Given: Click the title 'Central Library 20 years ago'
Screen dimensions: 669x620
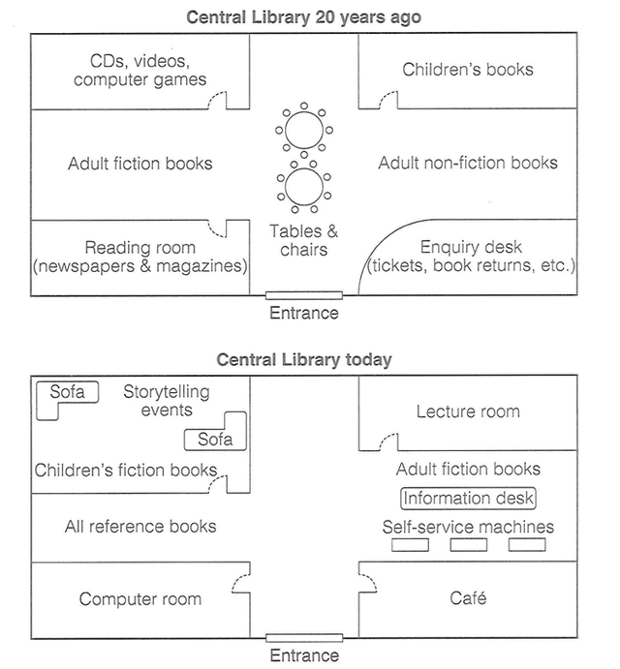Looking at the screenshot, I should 304,16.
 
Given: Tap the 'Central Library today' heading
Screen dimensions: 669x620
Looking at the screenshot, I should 304,360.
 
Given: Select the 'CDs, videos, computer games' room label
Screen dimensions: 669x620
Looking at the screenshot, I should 140,70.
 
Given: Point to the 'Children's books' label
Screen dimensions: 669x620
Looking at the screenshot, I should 468,69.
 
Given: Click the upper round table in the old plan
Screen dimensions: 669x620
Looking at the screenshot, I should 303,129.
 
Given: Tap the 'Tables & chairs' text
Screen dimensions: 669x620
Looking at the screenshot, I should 304,240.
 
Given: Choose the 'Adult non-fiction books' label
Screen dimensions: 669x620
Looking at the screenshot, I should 468,163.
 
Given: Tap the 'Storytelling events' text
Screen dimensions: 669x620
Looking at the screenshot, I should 166,401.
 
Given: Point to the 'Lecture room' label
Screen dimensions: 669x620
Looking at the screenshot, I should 468,411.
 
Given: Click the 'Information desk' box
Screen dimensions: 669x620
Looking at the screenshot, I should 468,498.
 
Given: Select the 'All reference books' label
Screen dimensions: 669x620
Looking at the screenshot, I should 140,527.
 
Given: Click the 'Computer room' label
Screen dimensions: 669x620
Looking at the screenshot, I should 140,599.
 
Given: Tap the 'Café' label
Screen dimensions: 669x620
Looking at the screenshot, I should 468,599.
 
